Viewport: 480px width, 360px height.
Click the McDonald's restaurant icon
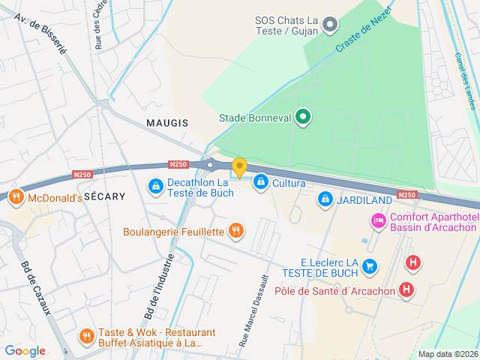[x=16, y=198]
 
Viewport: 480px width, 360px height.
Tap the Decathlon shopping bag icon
[x=154, y=184]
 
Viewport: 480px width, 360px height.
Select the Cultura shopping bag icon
[x=260, y=181]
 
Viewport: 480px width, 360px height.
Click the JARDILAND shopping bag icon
[x=325, y=199]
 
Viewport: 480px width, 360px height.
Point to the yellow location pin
[x=239, y=167]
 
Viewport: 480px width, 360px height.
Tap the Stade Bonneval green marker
[x=302, y=117]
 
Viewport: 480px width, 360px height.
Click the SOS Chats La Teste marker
[x=329, y=26]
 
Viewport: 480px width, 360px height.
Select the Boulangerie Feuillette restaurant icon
[x=235, y=231]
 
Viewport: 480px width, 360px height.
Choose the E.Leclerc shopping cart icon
[x=368, y=265]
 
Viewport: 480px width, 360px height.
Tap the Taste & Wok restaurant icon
[x=86, y=335]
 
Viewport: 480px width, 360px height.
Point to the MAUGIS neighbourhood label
[x=167, y=122]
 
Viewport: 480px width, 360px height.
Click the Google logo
[x=25, y=351]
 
